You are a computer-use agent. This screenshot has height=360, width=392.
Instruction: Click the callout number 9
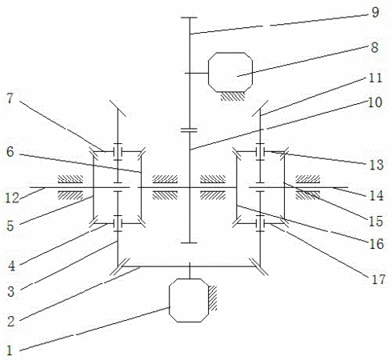[x=375, y=12]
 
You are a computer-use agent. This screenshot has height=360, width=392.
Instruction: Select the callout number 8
[x=374, y=47]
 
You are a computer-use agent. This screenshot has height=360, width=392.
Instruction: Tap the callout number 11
[x=375, y=78]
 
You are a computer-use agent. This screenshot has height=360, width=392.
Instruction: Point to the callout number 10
[x=375, y=102]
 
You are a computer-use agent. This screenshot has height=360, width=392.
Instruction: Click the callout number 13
[x=377, y=165]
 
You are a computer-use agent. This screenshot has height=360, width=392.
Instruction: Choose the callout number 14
[x=377, y=195]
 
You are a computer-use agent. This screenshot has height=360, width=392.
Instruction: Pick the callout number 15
[x=376, y=221]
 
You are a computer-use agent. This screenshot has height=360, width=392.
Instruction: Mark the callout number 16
[x=377, y=244]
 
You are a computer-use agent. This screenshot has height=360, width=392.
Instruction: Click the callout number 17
[x=378, y=279]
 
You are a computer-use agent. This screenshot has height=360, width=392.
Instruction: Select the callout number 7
[x=10, y=98]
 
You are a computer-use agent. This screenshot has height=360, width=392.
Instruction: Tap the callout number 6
[x=10, y=152]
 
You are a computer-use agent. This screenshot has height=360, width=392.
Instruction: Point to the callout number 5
[x=10, y=226]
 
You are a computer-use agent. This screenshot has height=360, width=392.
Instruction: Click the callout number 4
[x=11, y=266]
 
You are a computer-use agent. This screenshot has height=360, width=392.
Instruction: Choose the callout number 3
[x=11, y=291]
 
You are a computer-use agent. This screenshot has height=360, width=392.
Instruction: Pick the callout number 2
[x=10, y=322]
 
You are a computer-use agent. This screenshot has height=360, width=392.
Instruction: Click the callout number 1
[x=10, y=350]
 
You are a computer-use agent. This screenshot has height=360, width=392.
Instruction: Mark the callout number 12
[x=12, y=198]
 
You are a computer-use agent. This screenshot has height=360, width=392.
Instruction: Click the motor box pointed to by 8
[x=230, y=72]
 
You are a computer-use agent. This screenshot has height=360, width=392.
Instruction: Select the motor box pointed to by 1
[x=189, y=300]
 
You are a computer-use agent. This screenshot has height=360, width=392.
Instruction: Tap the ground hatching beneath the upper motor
[x=232, y=96]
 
